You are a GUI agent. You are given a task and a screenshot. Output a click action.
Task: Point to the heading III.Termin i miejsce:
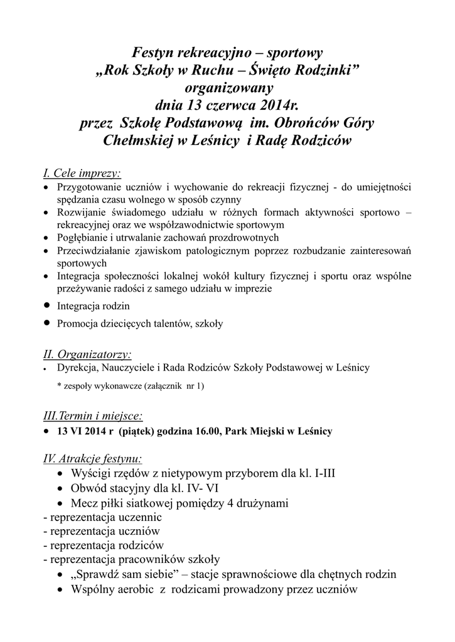tap(92, 416)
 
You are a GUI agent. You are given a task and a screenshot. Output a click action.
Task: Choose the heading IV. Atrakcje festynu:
tap(92, 459)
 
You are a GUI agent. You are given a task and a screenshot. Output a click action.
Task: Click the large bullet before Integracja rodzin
tap(47, 305)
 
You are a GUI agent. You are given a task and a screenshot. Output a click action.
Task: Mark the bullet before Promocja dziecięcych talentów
tap(47, 323)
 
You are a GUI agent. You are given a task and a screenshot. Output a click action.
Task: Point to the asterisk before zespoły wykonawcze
tap(59, 386)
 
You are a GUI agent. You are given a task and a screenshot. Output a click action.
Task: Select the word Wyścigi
tap(92, 473)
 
